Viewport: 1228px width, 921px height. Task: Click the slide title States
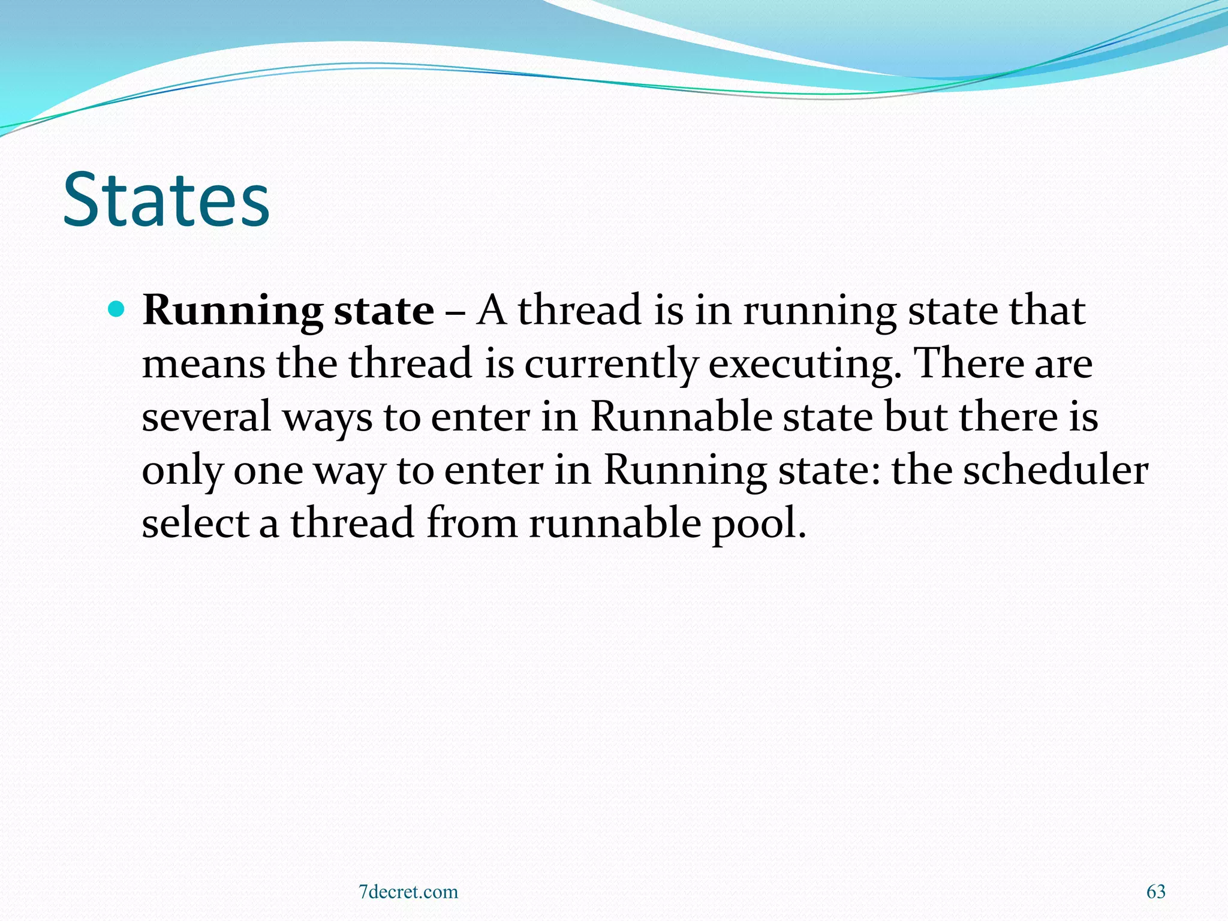(166, 200)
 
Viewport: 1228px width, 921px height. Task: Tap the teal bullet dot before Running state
(117, 309)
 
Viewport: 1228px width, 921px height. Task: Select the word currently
(611, 365)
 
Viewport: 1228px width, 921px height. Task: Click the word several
(206, 417)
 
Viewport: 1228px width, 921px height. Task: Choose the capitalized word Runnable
(681, 416)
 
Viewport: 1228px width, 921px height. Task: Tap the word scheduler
(1055, 469)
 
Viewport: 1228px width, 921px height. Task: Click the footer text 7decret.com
(408, 892)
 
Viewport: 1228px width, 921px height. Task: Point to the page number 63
(1156, 892)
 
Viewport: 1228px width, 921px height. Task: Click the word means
(203, 365)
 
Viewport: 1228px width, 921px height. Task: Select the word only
(182, 471)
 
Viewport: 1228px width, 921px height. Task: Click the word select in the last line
(195, 522)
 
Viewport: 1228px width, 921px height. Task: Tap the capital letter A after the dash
(491, 311)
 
